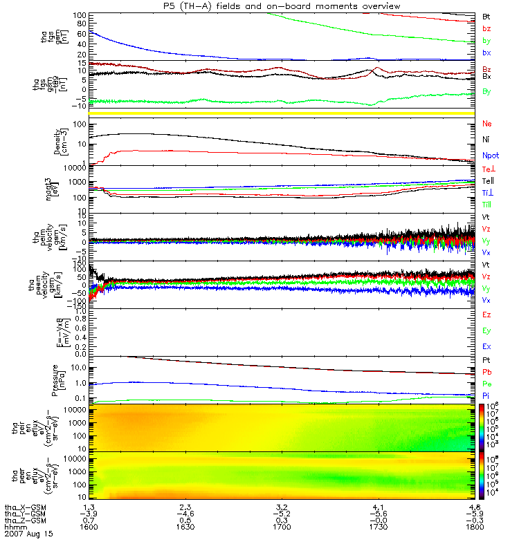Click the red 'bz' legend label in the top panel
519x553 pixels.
pyautogui.click(x=486, y=28)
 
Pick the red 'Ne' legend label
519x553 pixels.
pyautogui.click(x=487, y=124)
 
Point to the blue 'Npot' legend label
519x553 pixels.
pyautogui.click(x=491, y=156)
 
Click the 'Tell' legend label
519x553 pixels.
pyautogui.click(x=488, y=181)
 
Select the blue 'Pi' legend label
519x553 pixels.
pyautogui.click(x=486, y=395)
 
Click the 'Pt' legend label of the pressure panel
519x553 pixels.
pyautogui.click(x=486, y=361)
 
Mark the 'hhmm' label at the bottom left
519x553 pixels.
pyautogui.click(x=15, y=527)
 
